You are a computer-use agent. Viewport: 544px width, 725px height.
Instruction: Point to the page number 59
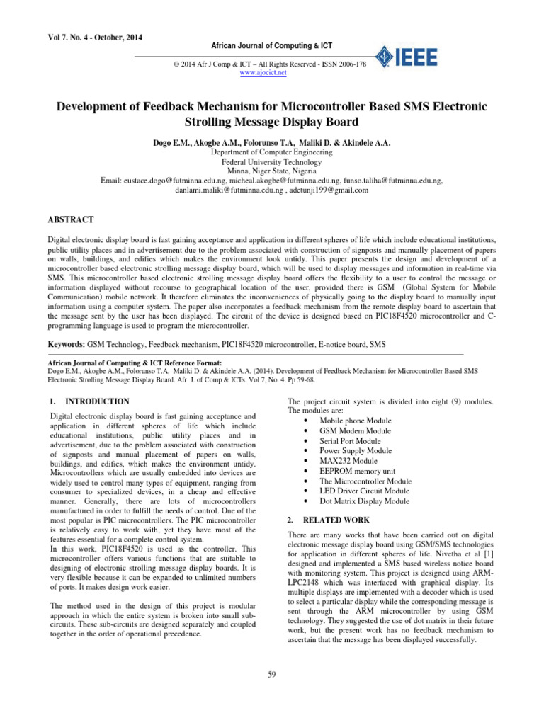271,673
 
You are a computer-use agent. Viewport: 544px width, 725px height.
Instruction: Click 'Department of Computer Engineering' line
271,152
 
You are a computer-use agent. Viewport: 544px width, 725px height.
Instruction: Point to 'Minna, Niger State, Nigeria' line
271,171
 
